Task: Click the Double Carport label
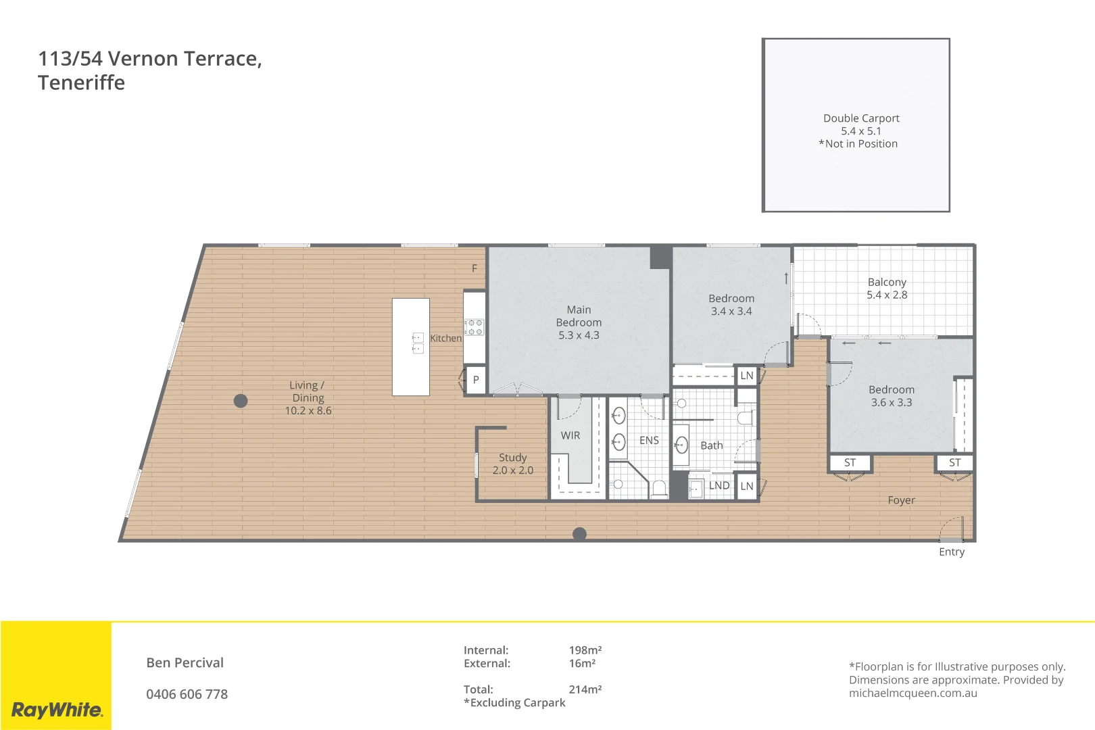(860, 118)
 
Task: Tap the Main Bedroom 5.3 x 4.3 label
(579, 322)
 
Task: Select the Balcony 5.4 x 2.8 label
(887, 289)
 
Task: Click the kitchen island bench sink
(418, 343)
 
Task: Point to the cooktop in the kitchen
(474, 327)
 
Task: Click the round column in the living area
(241, 401)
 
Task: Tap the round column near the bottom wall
(579, 533)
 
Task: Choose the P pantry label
(476, 380)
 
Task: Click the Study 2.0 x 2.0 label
(512, 464)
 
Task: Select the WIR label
(570, 435)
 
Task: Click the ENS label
(649, 440)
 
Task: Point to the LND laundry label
(719, 485)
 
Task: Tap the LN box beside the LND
(746, 486)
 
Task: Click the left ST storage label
(850, 462)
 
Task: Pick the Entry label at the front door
(951, 552)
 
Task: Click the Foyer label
(901, 500)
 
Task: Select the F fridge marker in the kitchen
(474, 268)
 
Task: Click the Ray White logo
(57, 710)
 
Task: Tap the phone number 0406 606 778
(187, 694)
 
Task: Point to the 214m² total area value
(585, 689)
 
